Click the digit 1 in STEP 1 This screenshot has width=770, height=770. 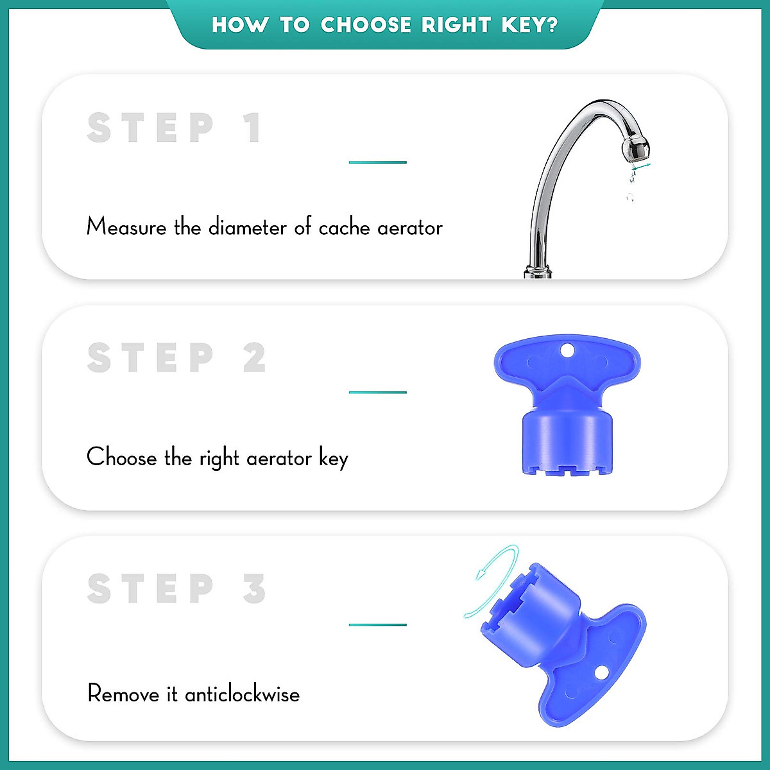point(252,128)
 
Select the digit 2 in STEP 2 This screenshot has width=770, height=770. point(254,358)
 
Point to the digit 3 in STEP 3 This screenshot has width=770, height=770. point(254,588)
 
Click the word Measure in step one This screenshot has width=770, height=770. point(126,227)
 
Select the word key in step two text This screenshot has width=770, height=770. point(334,459)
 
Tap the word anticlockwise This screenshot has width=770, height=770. point(243,694)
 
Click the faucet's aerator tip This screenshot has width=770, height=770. point(635,148)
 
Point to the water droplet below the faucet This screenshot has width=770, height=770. point(630,197)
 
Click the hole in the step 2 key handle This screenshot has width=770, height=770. point(567,350)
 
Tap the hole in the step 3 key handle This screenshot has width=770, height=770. point(601,672)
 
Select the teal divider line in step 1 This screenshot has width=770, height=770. point(377,162)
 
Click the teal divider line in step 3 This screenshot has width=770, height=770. point(377,624)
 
